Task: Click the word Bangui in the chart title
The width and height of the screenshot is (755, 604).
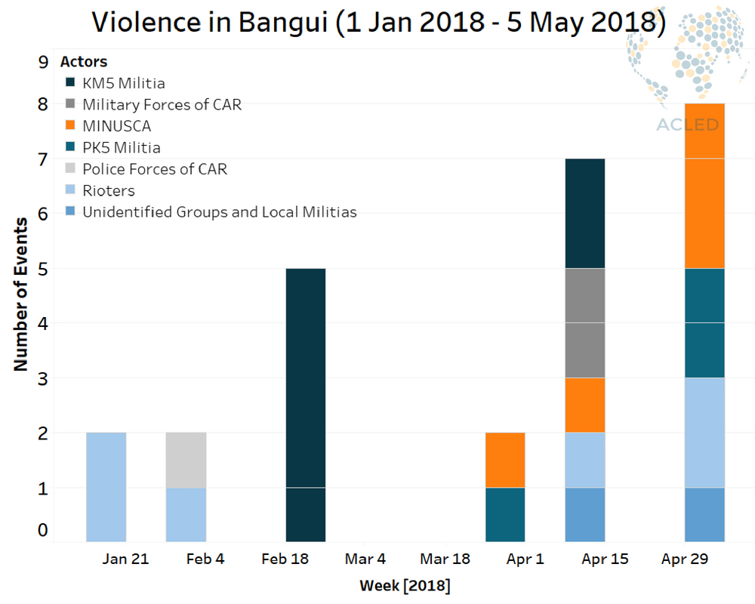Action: pyautogui.click(x=282, y=23)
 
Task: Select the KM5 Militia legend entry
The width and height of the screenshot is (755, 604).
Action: pyautogui.click(x=115, y=83)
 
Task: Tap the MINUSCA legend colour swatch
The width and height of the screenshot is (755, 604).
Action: pyautogui.click(x=70, y=125)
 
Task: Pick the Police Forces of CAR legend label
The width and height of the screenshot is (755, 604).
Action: pyautogui.click(x=155, y=169)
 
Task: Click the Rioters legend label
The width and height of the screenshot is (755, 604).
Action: pyautogui.click(x=109, y=191)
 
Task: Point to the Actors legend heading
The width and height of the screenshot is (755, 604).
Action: pyautogui.click(x=84, y=62)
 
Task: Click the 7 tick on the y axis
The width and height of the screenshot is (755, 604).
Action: pyautogui.click(x=43, y=159)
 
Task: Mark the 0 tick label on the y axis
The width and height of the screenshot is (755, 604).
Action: pyautogui.click(x=43, y=530)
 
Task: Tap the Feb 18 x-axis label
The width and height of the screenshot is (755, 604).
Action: pyautogui.click(x=285, y=559)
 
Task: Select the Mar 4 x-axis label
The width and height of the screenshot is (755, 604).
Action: pyautogui.click(x=365, y=559)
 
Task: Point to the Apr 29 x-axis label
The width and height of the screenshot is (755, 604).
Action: pyautogui.click(x=685, y=559)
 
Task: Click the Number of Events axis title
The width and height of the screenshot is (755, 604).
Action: pyautogui.click(x=20, y=294)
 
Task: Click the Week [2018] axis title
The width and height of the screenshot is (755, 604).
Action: pyautogui.click(x=405, y=586)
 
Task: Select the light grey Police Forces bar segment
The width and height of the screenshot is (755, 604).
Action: pyautogui.click(x=186, y=460)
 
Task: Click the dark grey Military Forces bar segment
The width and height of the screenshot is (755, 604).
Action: pyautogui.click(x=585, y=322)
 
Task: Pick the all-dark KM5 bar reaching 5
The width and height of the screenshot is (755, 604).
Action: pyautogui.click(x=306, y=405)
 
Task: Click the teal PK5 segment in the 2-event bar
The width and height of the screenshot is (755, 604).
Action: pyautogui.click(x=505, y=514)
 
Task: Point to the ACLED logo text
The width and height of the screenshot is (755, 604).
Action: pyautogui.click(x=688, y=125)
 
